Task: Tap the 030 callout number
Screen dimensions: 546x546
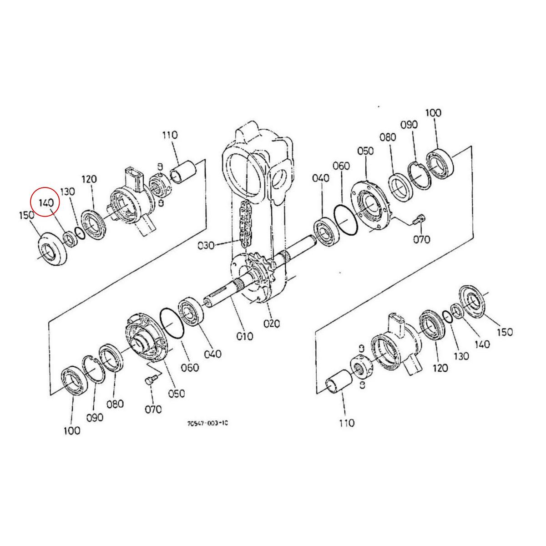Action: click(206, 246)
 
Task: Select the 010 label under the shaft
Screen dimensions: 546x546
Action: click(244, 336)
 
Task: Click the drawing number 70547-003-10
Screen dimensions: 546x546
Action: click(207, 423)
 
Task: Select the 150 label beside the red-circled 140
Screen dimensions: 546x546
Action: click(27, 215)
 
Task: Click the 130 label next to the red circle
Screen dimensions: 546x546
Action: click(67, 192)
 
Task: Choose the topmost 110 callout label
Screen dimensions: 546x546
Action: click(170, 136)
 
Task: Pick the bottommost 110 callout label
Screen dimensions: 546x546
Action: click(347, 423)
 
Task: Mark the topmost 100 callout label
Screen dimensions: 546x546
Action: click(433, 113)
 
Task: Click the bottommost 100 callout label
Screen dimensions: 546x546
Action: click(71, 430)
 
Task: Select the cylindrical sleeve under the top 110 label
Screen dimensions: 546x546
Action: click(183, 172)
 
